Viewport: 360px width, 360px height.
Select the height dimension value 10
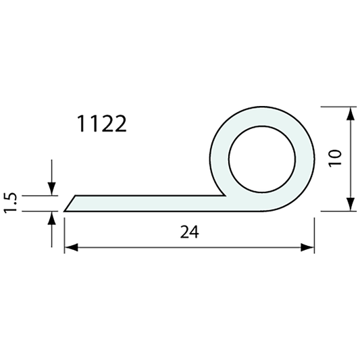tap(337, 158)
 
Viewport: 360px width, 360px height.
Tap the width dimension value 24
tap(190, 232)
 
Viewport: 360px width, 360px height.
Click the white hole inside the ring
tap(261, 159)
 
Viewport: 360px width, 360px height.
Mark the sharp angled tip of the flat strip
tap(66, 210)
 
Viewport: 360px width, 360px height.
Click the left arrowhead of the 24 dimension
tap(70, 247)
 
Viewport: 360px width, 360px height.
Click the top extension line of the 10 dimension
tap(338, 107)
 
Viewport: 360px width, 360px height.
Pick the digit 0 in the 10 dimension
tap(337, 153)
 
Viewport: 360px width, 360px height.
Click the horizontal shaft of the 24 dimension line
tap(189, 247)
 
